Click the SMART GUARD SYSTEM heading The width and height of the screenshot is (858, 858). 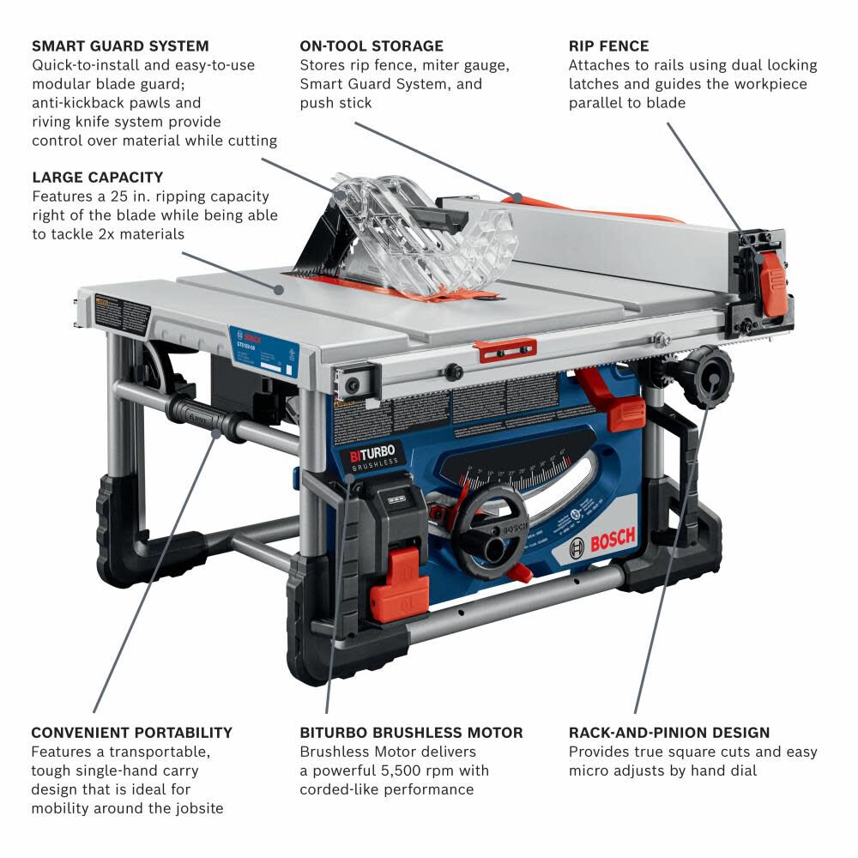pyautogui.click(x=120, y=45)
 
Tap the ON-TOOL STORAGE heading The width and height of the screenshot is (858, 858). pyautogui.click(x=372, y=45)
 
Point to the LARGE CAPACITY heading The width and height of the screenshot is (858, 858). pyautogui.click(x=97, y=178)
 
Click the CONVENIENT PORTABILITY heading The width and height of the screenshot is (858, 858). pyautogui.click(x=131, y=733)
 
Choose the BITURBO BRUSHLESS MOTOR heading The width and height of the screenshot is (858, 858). pyautogui.click(x=411, y=733)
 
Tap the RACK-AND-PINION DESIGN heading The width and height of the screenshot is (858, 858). pyautogui.click(x=669, y=733)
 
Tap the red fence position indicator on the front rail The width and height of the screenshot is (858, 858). pyautogui.click(x=505, y=349)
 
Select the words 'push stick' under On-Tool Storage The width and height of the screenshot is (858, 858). pyautogui.click(x=336, y=103)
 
